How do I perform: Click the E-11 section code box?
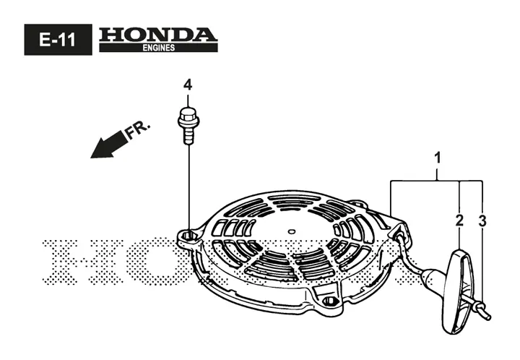tap(58, 40)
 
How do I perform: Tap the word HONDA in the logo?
tap(158, 35)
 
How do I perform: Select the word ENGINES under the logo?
tap(158, 48)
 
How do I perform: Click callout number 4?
tap(188, 85)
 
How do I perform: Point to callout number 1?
tap(438, 158)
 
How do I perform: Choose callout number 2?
tap(459, 220)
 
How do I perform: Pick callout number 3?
tap(482, 221)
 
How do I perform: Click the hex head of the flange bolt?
tap(188, 115)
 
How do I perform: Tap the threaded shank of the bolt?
tap(188, 135)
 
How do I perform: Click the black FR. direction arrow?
tap(109, 145)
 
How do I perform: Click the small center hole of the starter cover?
tap(291, 231)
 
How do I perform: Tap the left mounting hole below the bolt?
tap(188, 236)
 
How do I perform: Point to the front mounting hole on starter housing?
tap(329, 301)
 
